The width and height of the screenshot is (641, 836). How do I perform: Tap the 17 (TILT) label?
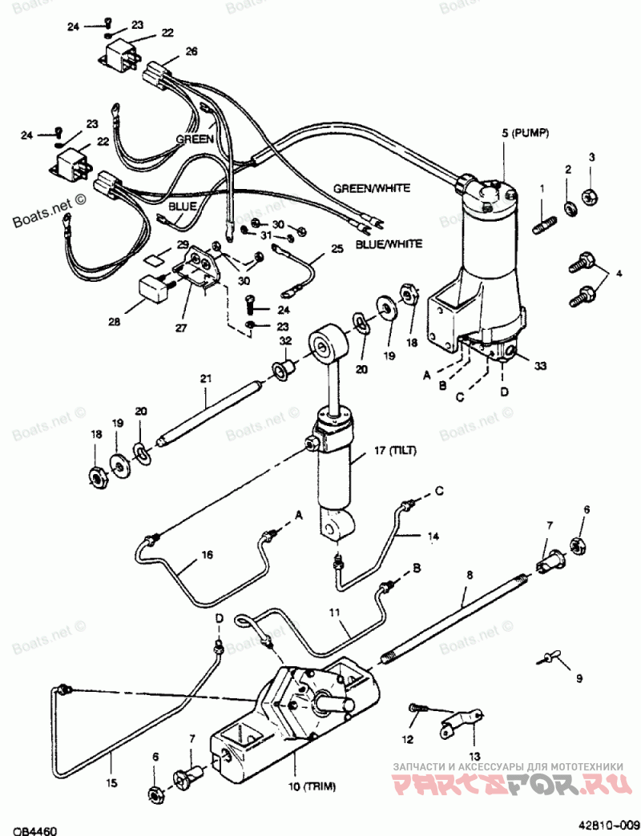click(395, 451)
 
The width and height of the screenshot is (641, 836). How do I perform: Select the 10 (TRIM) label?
click(312, 786)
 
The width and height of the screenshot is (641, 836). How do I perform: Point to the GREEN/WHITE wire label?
click(372, 188)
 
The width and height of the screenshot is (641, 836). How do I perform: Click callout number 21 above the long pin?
click(206, 379)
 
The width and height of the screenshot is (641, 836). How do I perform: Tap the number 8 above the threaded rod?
click(470, 575)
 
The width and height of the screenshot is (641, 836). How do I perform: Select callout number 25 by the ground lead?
click(337, 248)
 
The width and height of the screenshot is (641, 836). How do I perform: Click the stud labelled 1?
click(545, 223)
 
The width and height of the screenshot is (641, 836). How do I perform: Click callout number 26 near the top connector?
click(191, 50)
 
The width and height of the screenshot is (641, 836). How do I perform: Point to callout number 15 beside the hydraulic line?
click(111, 784)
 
